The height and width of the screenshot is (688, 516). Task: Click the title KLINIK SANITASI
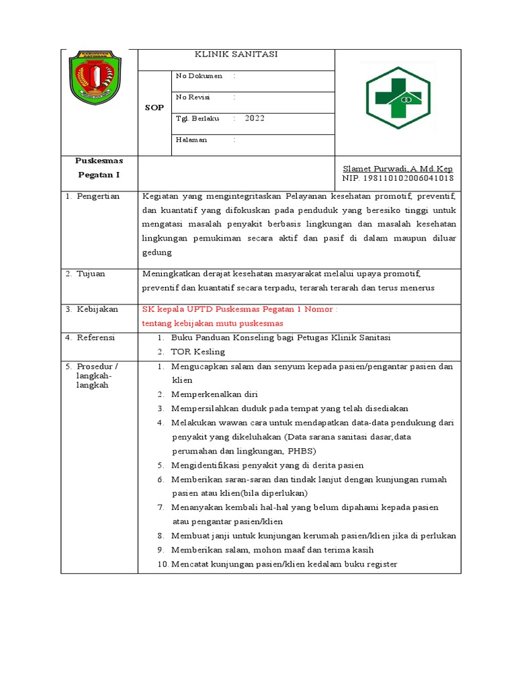(235, 54)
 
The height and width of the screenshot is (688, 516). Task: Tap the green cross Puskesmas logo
(398, 98)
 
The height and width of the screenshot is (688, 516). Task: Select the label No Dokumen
(199, 76)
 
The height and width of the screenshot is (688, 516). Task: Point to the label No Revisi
(193, 97)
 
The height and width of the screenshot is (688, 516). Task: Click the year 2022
(255, 118)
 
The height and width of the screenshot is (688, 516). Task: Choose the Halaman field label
(191, 140)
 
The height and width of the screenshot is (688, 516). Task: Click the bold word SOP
(155, 107)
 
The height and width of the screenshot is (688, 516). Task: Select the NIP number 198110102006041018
(398, 178)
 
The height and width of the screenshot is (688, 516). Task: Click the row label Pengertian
(97, 196)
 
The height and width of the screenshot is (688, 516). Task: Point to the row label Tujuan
(91, 274)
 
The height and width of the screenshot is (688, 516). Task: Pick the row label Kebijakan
(97, 309)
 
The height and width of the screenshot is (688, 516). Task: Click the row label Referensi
(95, 337)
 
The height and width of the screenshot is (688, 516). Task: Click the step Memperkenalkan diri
(214, 394)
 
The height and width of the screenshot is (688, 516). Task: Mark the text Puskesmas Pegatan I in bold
(99, 167)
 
